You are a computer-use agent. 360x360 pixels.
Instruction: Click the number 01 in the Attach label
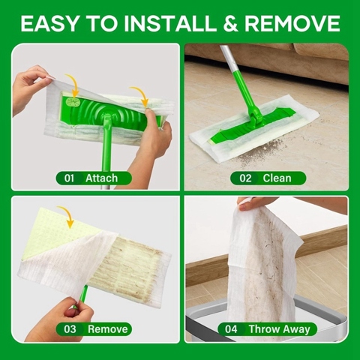point(69,178)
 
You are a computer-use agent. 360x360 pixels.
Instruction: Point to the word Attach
point(101,178)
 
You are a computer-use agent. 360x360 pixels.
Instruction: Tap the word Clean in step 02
point(277,178)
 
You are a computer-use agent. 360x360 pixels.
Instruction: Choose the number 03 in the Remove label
point(69,328)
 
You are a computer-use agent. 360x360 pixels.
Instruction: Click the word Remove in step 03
point(103,328)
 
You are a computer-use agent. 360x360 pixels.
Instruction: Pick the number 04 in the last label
point(233,328)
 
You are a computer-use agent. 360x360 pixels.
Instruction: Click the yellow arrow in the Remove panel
point(66,216)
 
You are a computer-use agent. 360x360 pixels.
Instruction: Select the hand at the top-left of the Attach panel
point(30,86)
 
